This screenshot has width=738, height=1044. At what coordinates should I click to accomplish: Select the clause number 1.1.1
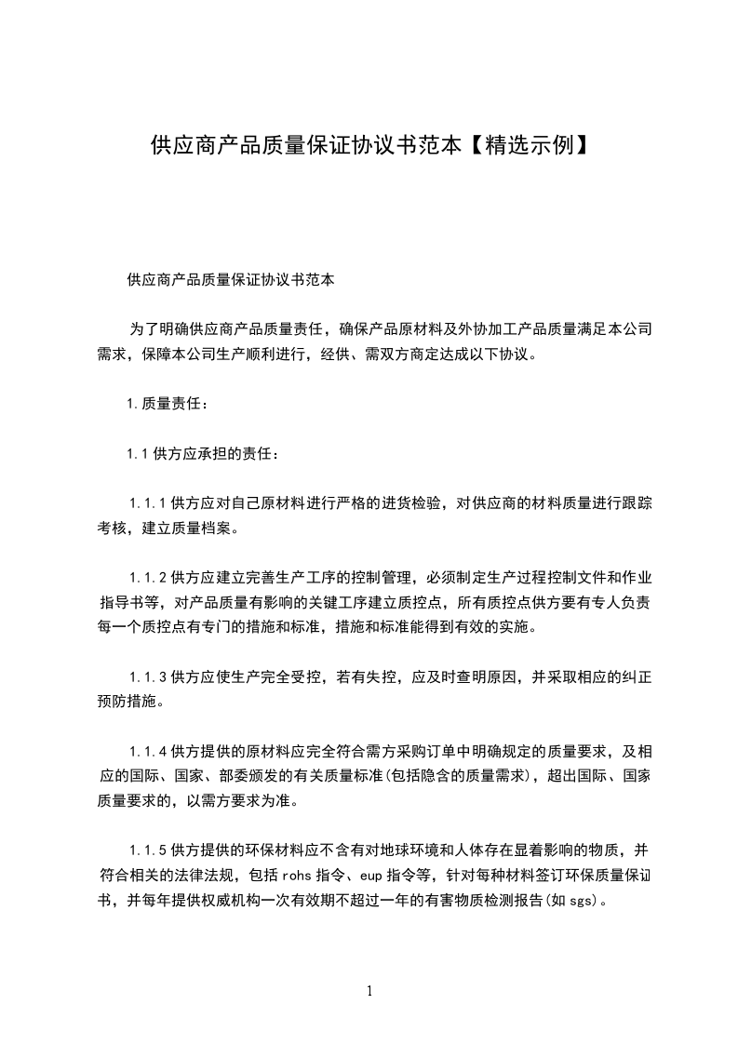click(x=147, y=503)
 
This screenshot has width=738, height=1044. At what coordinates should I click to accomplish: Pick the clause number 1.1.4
click(x=147, y=750)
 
